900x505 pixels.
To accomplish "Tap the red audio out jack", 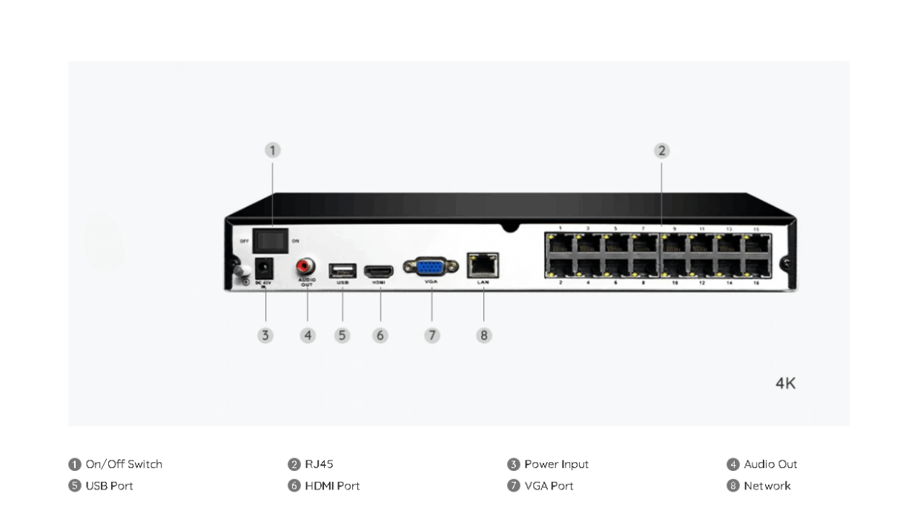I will point(305,265).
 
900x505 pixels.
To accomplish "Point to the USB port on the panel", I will point(343,270).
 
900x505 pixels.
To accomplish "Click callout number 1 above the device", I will point(273,150).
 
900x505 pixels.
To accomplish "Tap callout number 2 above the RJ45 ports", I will point(661,151).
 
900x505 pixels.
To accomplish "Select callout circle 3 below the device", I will point(265,335).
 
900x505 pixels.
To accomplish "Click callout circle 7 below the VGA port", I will point(432,335).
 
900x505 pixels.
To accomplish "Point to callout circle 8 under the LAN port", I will point(483,335).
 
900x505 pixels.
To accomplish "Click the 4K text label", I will point(785,384).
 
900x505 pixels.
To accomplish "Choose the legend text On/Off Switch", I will point(124,464).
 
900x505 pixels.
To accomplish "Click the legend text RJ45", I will point(319,464).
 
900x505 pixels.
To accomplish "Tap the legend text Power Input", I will point(556,464).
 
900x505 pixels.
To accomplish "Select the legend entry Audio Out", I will point(770,464).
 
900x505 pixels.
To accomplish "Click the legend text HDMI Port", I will point(332,486).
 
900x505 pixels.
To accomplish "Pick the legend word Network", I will point(767,486).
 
